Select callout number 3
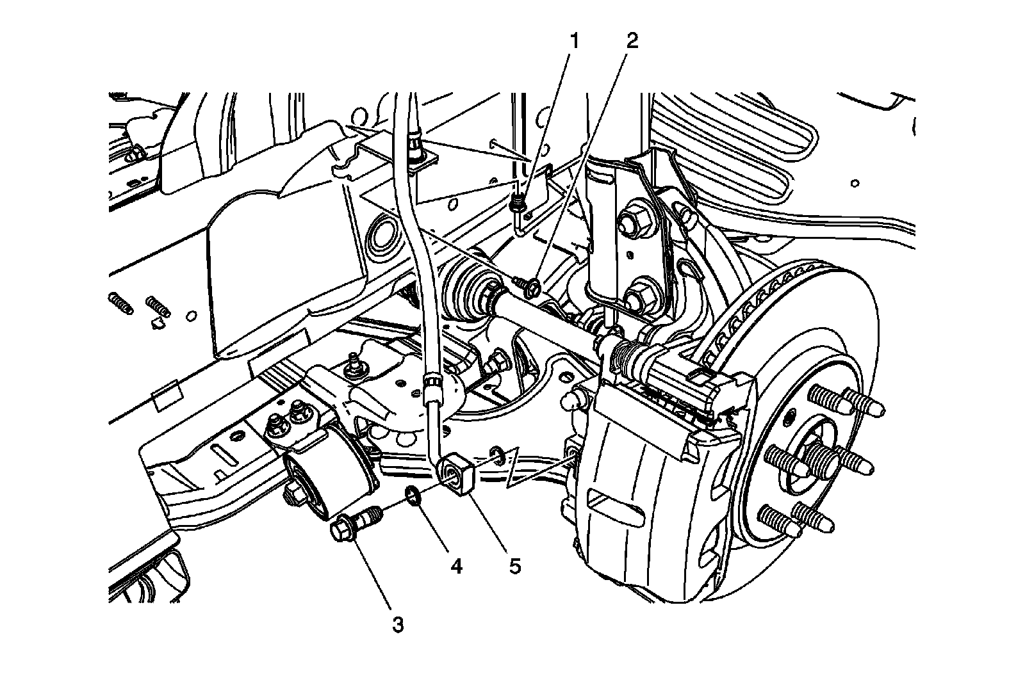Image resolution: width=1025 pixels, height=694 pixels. (398, 624)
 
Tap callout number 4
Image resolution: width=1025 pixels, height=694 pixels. (456, 567)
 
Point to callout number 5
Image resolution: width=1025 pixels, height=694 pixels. (514, 567)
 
